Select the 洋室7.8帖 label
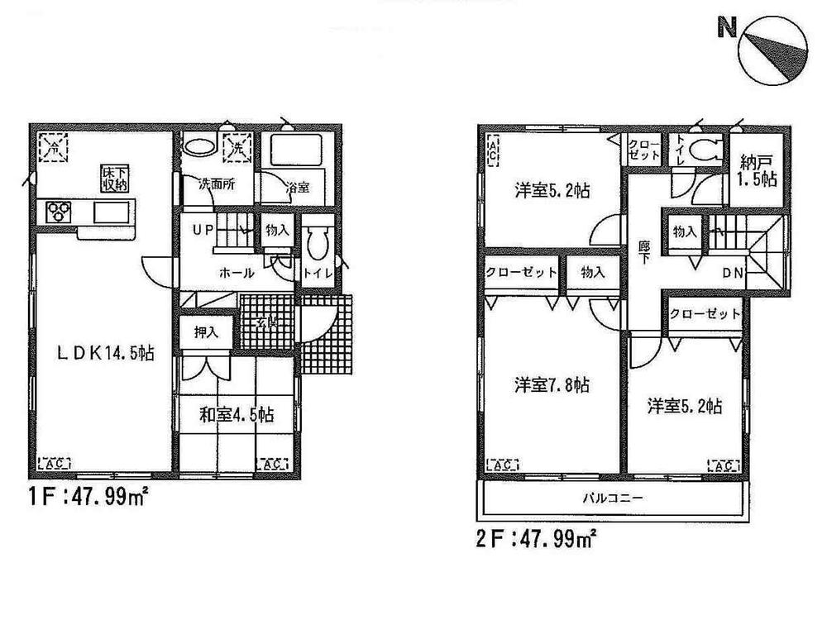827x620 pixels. click(551, 385)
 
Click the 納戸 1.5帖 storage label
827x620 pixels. click(757, 170)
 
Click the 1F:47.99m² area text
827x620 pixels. click(81, 499)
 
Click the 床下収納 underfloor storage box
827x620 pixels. click(115, 178)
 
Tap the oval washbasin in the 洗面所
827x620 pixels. click(199, 148)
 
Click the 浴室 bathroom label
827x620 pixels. click(299, 187)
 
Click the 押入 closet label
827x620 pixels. click(206, 332)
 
